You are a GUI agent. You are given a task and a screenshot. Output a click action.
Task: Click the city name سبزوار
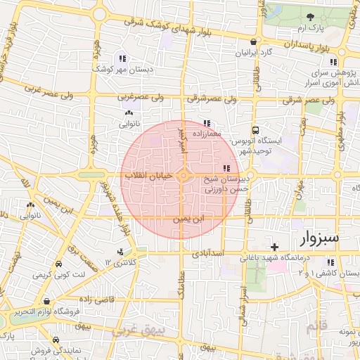point(320,238)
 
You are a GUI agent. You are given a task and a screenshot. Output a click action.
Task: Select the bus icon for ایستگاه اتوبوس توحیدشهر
point(256,130)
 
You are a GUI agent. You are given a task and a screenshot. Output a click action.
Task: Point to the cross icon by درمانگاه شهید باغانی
point(274,246)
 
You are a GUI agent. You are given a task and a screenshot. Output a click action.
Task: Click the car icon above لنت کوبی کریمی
point(59,263)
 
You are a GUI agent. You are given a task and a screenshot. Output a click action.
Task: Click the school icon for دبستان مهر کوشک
point(123,59)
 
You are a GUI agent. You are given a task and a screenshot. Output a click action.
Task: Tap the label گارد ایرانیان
point(255,53)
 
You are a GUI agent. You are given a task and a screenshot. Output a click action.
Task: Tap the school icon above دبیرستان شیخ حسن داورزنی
point(226,168)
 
